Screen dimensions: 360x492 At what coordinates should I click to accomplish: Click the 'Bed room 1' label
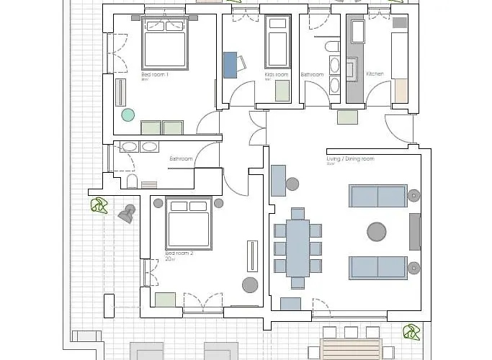pos(155,74)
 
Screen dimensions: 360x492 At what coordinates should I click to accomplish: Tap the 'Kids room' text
pos(277,74)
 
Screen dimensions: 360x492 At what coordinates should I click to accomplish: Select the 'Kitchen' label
pos(375,74)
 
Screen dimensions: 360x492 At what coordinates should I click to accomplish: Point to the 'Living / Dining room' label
pos(351,158)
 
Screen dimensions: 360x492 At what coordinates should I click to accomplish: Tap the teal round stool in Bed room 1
pos(128,114)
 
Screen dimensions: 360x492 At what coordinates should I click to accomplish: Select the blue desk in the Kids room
pos(230,64)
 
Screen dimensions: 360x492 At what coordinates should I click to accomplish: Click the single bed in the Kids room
pos(277,42)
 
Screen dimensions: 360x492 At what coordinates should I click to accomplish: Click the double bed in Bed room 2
pos(189,223)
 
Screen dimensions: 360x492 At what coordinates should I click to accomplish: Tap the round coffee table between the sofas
pos(377,231)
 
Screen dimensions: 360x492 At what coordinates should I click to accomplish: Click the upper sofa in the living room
pos(377,196)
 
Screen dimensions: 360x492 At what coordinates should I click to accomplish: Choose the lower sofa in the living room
pos(377,267)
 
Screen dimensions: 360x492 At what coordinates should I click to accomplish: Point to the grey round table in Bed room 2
pos(250,284)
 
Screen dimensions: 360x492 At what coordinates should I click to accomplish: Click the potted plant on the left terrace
pos(99,207)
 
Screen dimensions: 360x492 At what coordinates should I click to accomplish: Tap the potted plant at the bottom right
pos(411,333)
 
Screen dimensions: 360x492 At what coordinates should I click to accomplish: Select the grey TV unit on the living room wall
pos(414,231)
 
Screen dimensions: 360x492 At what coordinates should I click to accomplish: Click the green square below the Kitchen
pos(347,117)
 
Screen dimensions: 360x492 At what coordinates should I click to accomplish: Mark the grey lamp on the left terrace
pos(127,214)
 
